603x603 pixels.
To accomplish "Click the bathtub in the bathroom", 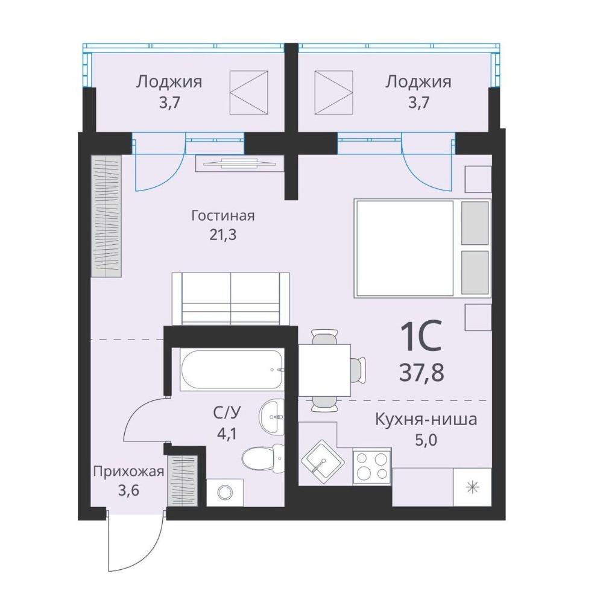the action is coord(232,370).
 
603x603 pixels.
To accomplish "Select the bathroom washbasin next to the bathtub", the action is coord(272,417).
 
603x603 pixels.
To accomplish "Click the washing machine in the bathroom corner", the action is coord(225,492).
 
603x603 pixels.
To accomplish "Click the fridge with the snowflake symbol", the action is coord(473,487).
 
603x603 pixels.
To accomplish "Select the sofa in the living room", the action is coord(231,299).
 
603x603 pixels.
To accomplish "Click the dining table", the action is coord(324,370).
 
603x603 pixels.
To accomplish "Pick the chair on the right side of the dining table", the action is coord(358,370).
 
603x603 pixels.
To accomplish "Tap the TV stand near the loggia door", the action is coord(239,163).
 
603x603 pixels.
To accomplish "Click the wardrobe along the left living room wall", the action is coord(106,216).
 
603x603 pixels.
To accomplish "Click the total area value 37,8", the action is coord(421,372).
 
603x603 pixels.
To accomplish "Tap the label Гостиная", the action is coord(223,216).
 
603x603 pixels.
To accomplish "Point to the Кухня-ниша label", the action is coord(426,419).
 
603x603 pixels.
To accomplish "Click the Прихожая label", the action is coord(128,472).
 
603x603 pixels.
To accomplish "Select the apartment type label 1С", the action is coord(421,336).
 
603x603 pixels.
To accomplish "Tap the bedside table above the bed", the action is coord(478,179).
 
